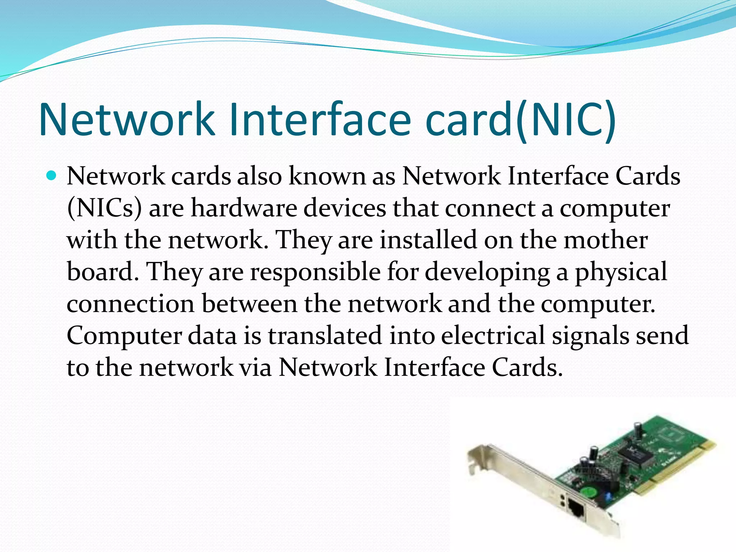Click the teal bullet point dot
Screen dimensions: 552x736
pos(52,176)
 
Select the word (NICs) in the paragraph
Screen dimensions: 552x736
pos(104,208)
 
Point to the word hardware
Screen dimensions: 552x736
pos(244,208)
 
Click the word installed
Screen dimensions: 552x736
pos(428,240)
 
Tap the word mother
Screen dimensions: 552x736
pos(606,240)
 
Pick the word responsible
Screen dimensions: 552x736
pos(315,272)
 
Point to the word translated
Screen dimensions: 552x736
pos(325,336)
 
